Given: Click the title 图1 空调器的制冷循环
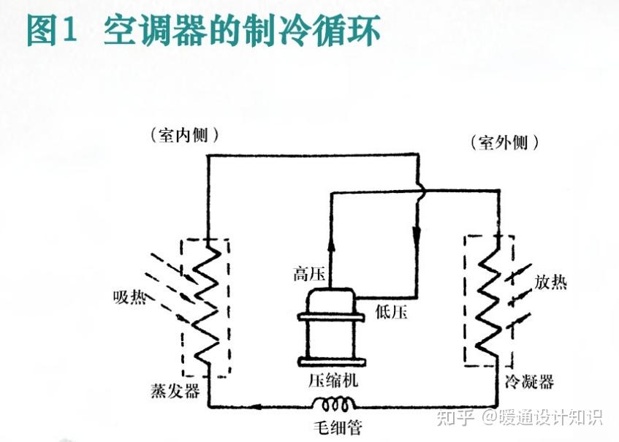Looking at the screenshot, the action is point(203,30).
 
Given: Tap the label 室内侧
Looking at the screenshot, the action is point(183,135).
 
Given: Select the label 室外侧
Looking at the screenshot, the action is point(504,142).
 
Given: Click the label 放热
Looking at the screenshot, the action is point(551,283).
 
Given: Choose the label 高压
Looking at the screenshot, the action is point(308,273).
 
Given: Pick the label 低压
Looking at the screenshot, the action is point(391,312).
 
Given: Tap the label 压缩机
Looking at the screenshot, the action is point(333,381).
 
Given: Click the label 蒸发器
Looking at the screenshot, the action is point(175,391).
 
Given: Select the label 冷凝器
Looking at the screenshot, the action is point(529,381).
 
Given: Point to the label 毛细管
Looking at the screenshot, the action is point(338,427).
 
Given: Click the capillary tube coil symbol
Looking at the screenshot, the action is point(334,404).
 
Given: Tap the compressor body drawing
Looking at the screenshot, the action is point(331,327).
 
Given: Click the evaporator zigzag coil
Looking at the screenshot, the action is point(207,302).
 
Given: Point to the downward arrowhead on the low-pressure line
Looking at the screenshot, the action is point(417,236).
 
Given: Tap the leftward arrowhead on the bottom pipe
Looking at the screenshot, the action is point(257,406).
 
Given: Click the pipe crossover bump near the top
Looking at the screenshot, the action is point(421,191).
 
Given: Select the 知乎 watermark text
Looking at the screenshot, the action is point(455,418).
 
